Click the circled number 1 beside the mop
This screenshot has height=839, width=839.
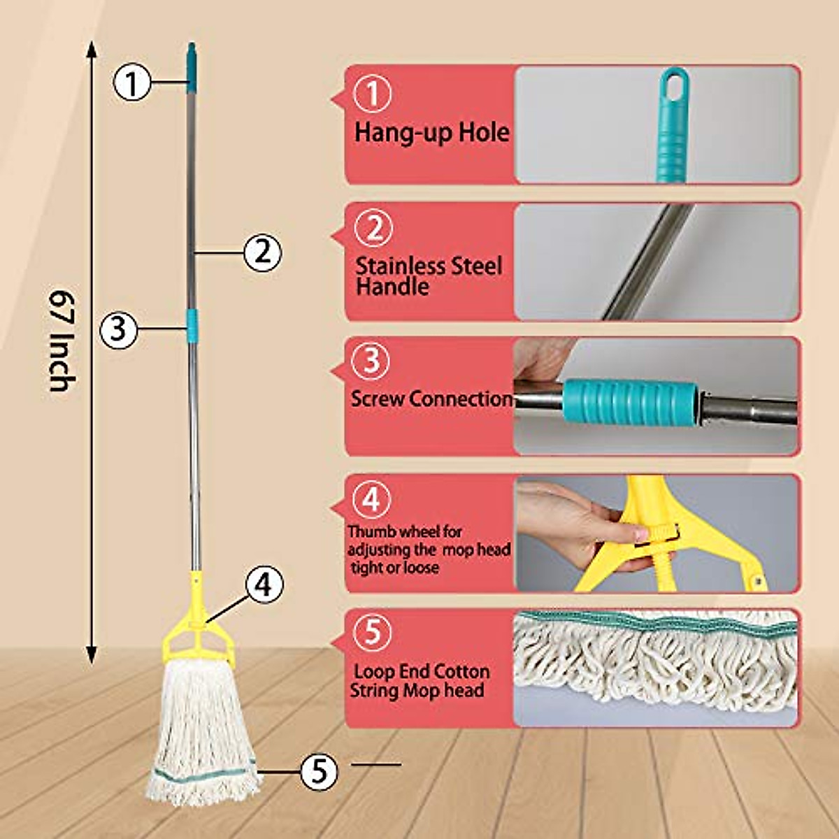coord(132,83)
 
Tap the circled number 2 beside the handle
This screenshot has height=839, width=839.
coord(262,252)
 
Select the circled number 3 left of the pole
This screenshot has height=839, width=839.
coord(118,329)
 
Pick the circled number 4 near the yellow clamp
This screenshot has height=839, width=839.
coord(263,585)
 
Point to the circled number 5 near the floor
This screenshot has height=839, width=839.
coord(319,771)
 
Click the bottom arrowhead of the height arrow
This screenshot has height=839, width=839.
coord(91,654)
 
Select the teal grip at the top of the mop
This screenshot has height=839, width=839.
coord(192,67)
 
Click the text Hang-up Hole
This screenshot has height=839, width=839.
coord(431,132)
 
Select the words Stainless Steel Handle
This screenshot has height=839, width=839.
coord(428,275)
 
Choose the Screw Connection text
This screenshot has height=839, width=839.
coord(431,399)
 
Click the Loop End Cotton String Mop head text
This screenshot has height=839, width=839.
coord(421,681)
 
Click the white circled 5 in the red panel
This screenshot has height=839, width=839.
coord(373,631)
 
